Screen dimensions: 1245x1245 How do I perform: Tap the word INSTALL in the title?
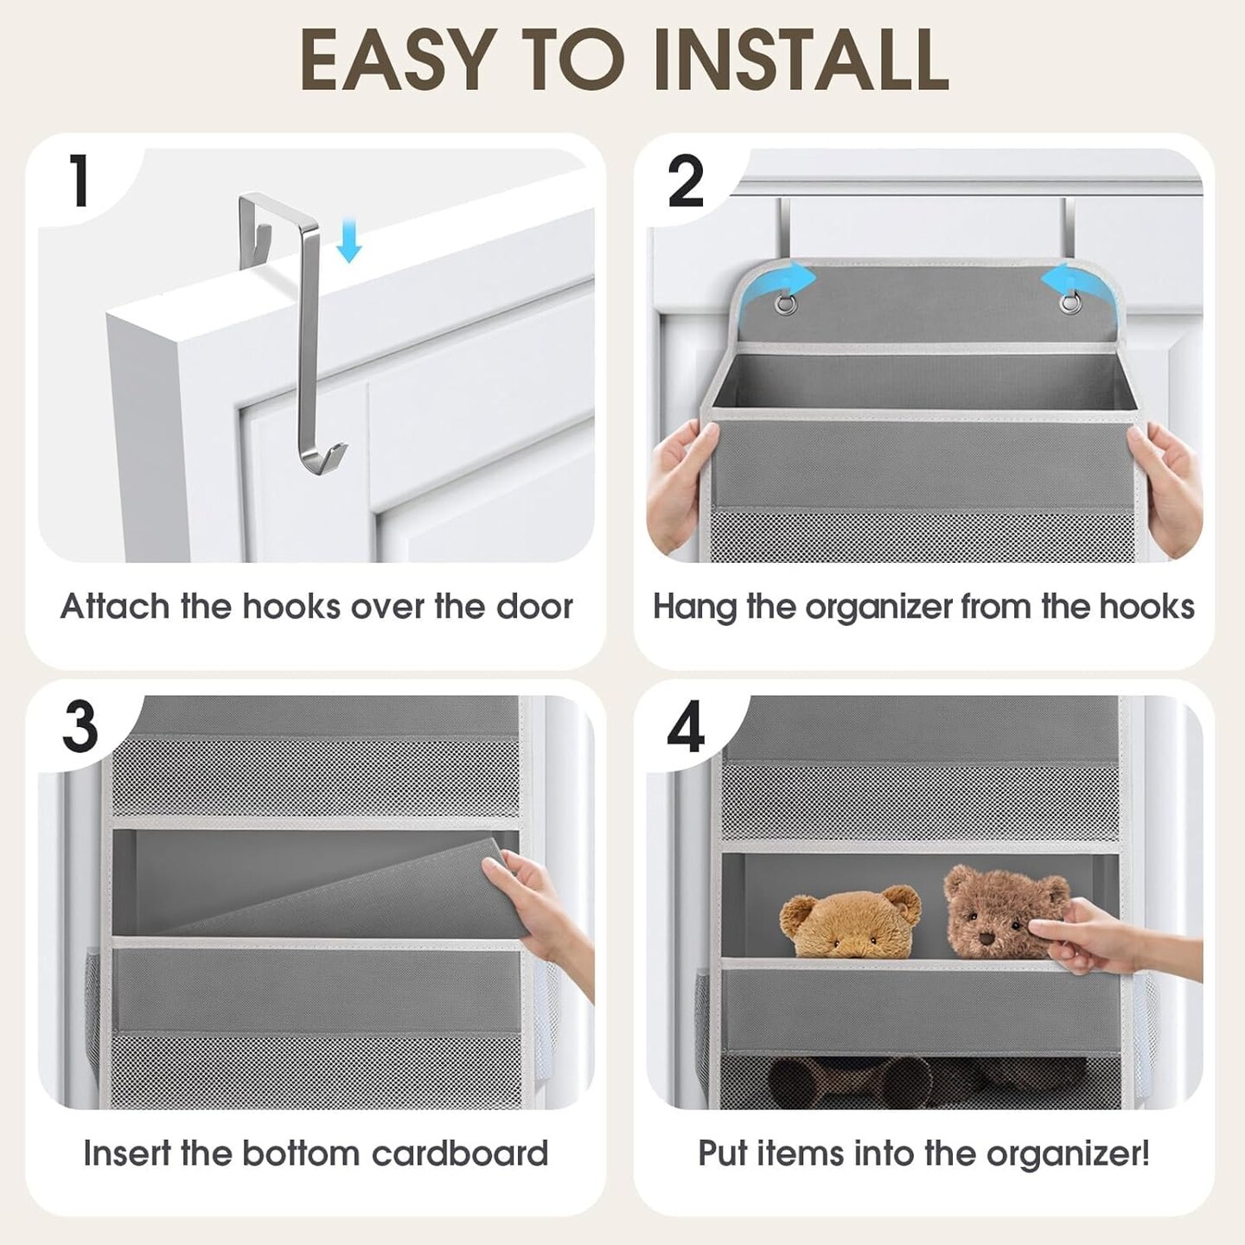(801, 62)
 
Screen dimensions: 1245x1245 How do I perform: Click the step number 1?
(80, 184)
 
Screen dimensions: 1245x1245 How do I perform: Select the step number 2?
(686, 184)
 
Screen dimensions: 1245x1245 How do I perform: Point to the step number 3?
(80, 728)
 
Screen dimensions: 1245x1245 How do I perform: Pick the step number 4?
(686, 729)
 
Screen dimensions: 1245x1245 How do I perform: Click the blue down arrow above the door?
(349, 240)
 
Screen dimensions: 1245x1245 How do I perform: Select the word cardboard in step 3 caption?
(460, 1153)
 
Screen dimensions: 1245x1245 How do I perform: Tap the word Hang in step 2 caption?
(694, 607)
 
